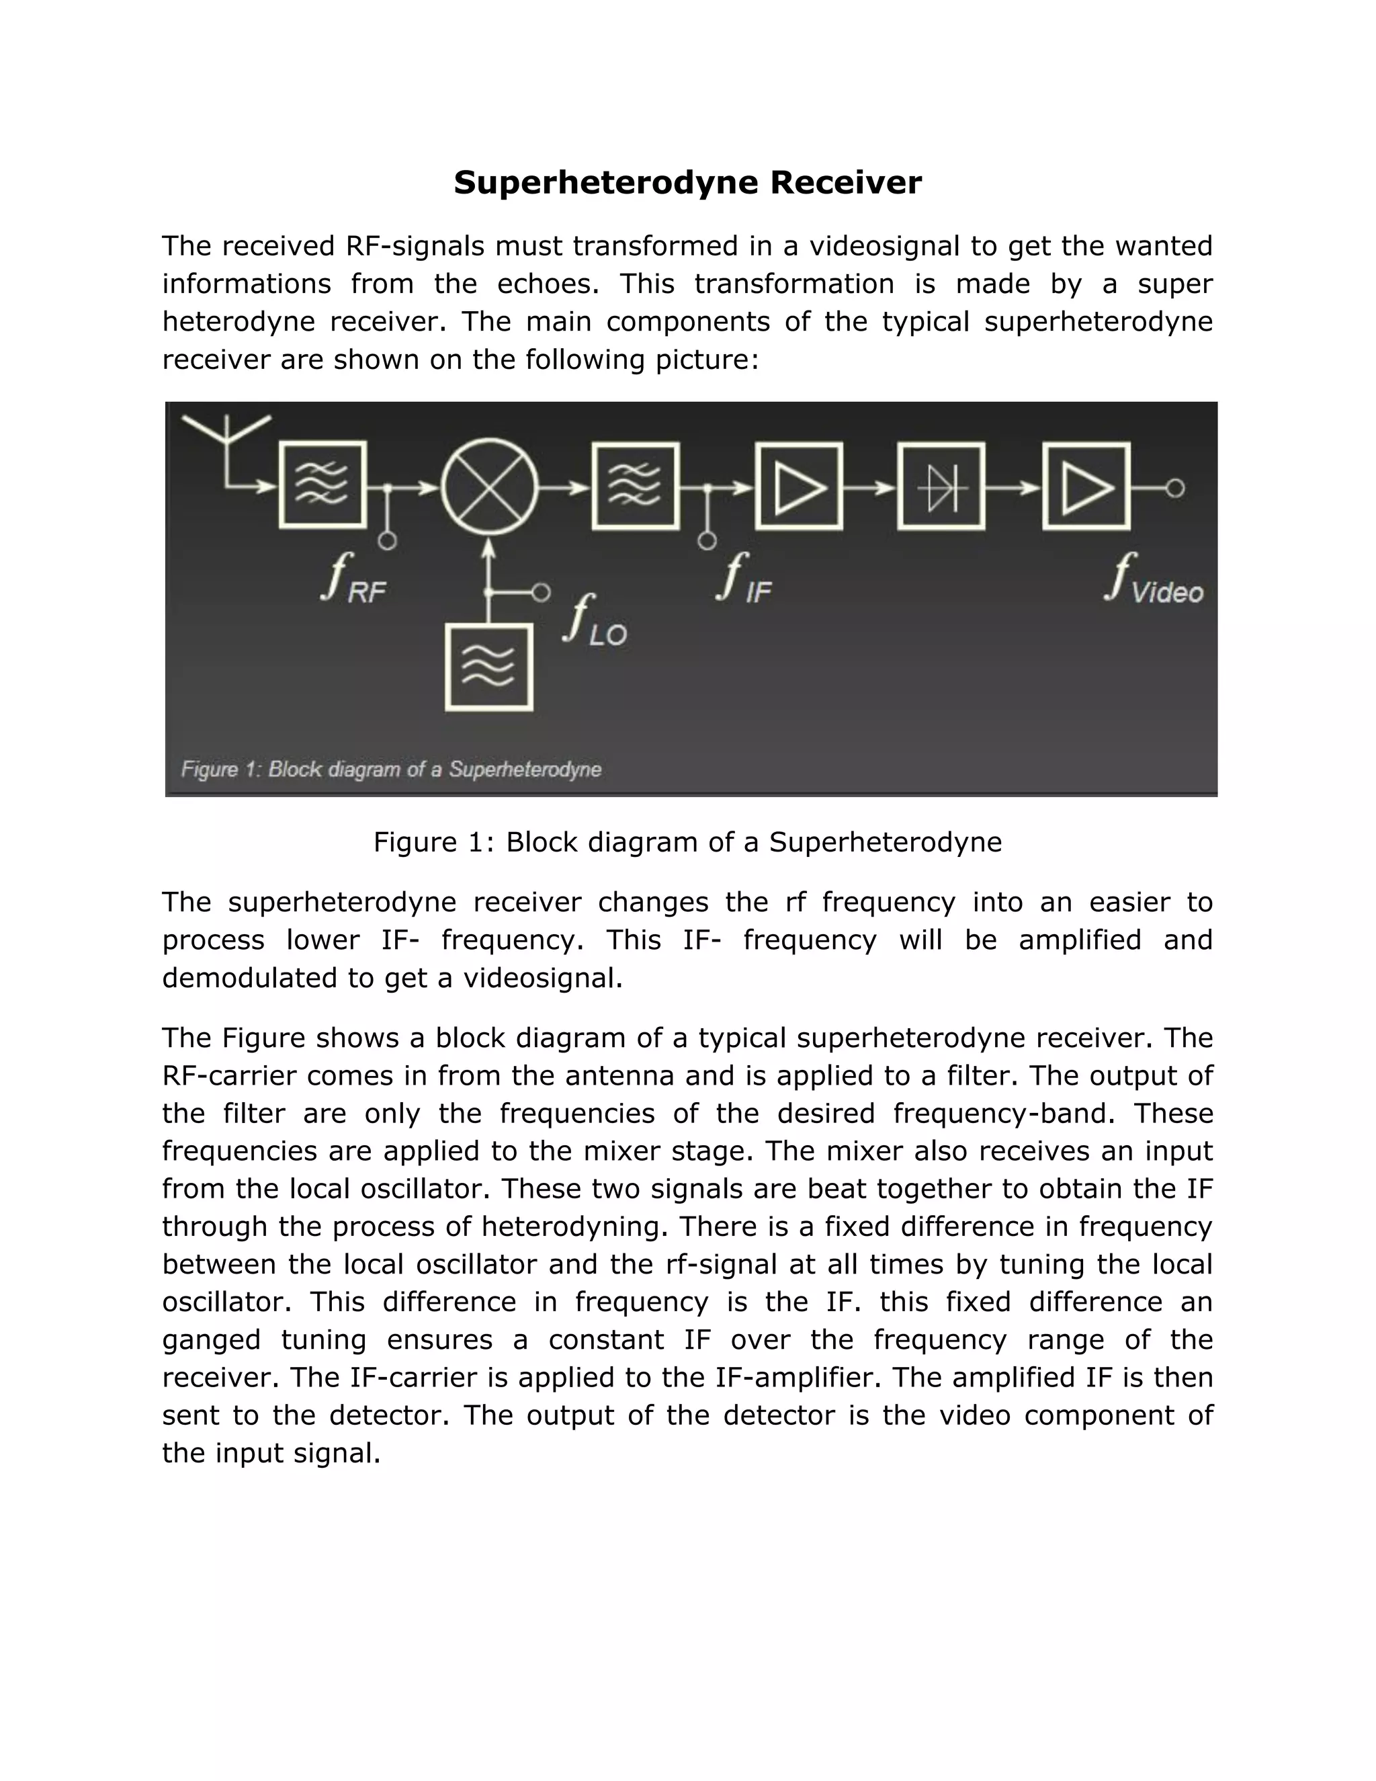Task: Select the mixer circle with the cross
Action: [x=489, y=488]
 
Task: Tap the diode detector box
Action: [x=941, y=487]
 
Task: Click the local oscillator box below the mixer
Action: [x=488, y=667]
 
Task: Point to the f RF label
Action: [x=353, y=578]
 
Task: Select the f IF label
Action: [x=744, y=578]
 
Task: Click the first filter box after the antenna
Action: [x=322, y=486]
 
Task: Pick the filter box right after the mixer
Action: [x=636, y=486]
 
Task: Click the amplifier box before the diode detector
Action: [x=799, y=487]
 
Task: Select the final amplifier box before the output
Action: [x=1086, y=487]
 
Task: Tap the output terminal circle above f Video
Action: [x=1174, y=488]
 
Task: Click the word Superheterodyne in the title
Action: [x=607, y=183]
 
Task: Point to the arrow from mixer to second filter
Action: [x=565, y=488]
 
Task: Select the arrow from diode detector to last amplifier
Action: [x=1013, y=488]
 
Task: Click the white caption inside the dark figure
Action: [x=390, y=769]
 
